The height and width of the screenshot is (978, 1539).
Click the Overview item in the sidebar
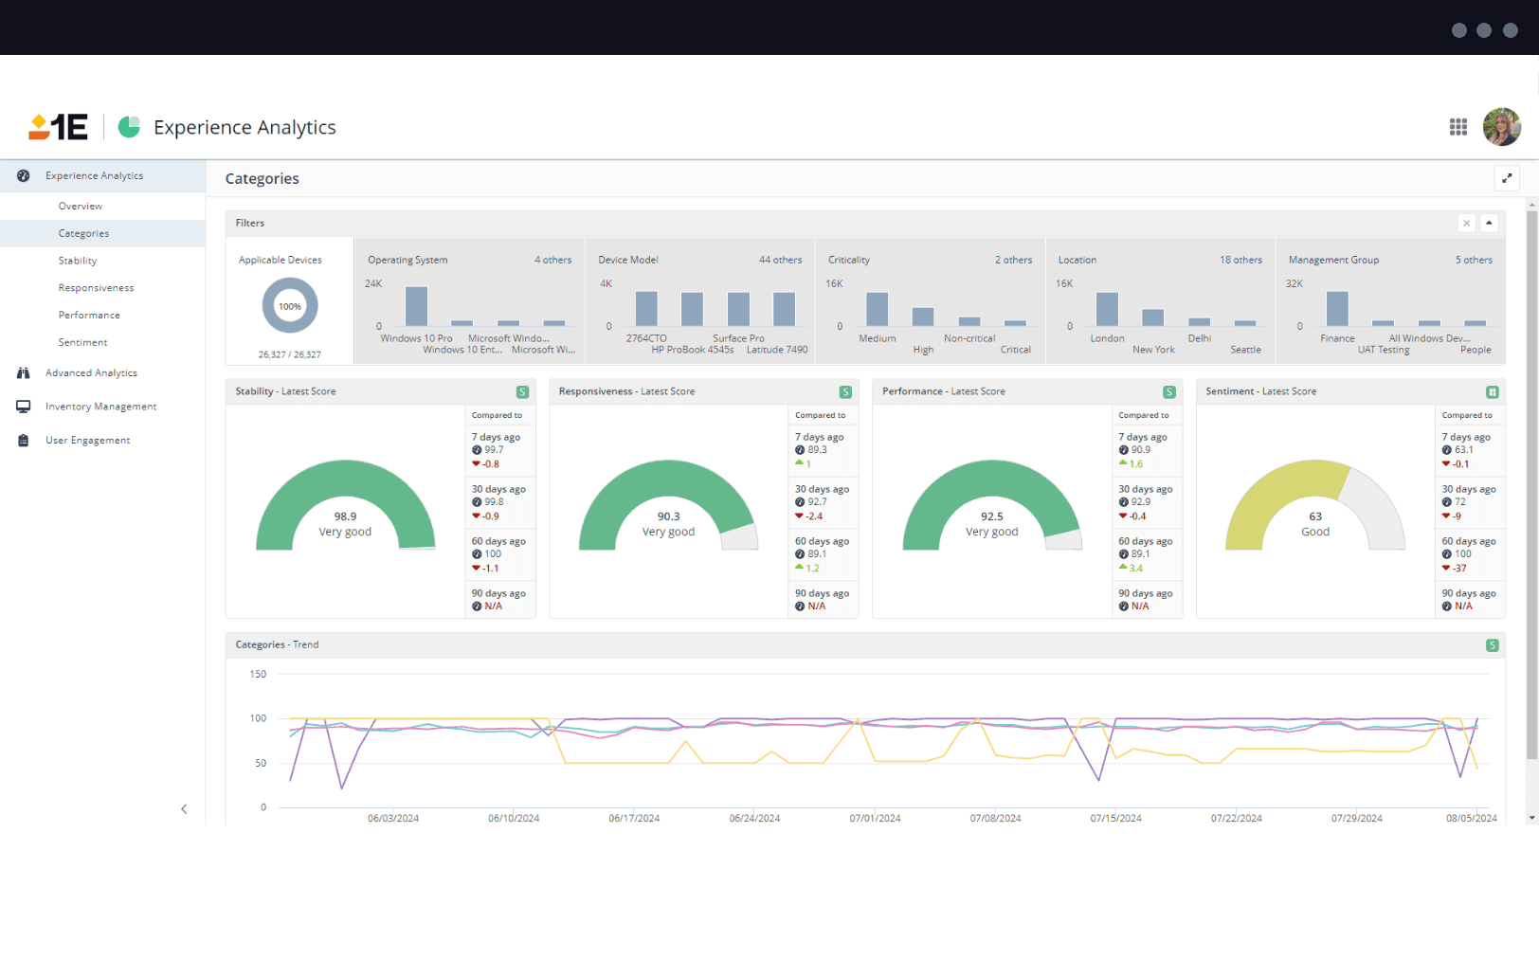click(x=81, y=206)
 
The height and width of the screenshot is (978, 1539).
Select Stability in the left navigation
click(x=78, y=261)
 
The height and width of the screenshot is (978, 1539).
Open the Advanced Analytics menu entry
click(x=91, y=372)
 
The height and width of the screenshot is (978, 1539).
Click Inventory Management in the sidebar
click(x=100, y=407)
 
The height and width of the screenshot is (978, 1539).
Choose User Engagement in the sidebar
click(x=87, y=440)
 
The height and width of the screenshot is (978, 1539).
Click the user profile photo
click(x=1501, y=127)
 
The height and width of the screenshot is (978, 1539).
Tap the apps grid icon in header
click(x=1458, y=127)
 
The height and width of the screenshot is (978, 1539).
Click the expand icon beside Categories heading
click(x=1507, y=178)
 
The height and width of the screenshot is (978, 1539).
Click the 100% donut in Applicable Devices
click(x=290, y=306)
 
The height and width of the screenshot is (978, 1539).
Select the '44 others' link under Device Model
click(x=780, y=260)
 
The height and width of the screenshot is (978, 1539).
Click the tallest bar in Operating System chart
click(x=416, y=306)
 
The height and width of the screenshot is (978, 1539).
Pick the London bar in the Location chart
click(x=1107, y=309)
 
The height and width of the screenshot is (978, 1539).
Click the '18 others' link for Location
click(x=1240, y=260)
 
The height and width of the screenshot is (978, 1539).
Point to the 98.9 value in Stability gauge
click(x=345, y=516)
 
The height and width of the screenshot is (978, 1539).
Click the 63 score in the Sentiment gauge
click(x=1315, y=516)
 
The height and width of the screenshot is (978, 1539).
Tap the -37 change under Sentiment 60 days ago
click(x=1459, y=569)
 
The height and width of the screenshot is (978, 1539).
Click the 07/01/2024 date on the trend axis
click(x=875, y=818)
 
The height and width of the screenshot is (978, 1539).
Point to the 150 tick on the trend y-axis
click(x=258, y=674)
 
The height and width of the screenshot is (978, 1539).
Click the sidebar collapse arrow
click(x=184, y=808)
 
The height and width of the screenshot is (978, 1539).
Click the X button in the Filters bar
click(x=1466, y=224)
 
